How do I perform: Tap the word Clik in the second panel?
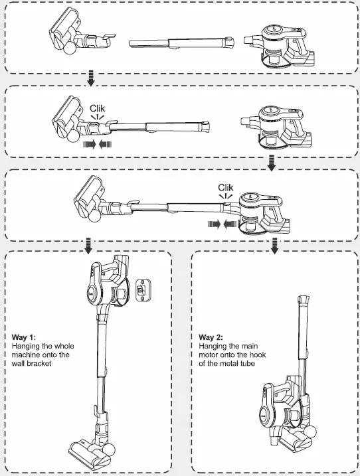(98, 108)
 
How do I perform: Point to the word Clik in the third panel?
(226, 188)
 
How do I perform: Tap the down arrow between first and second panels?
(91, 80)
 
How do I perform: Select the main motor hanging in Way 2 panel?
(279, 405)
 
